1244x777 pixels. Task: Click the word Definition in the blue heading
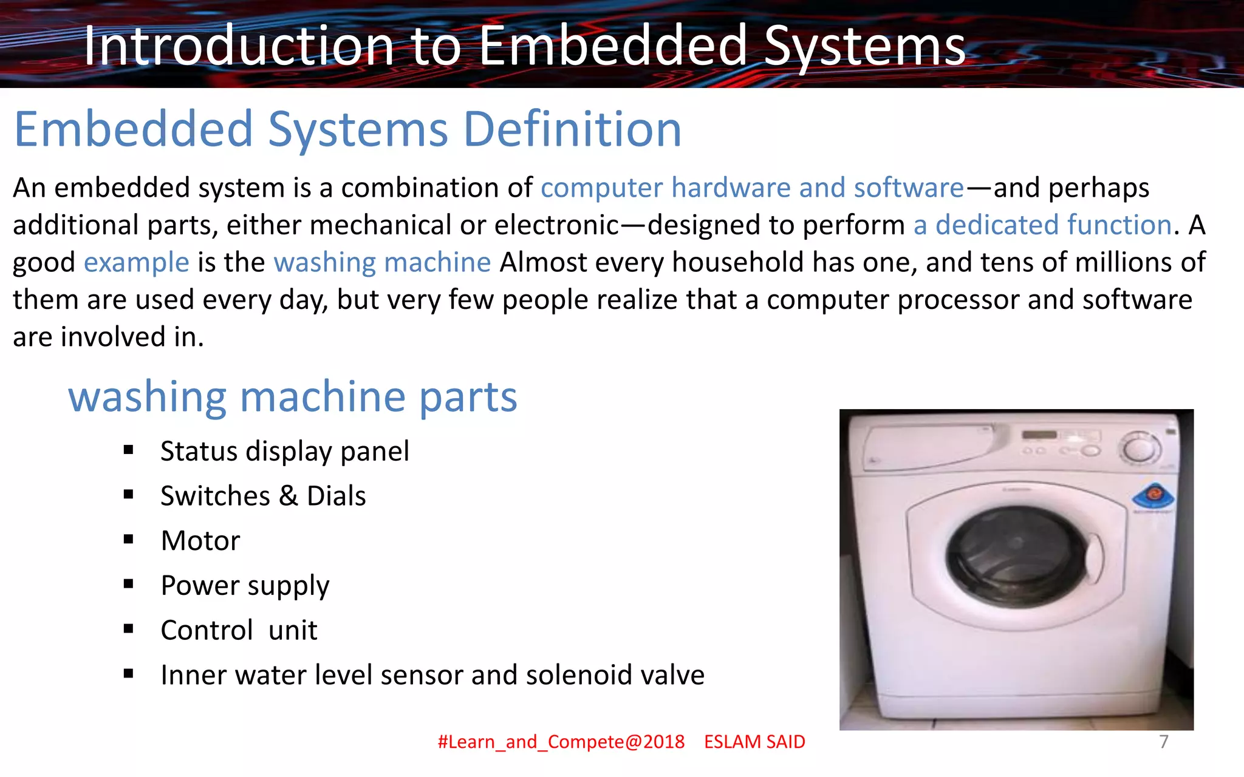[x=572, y=129]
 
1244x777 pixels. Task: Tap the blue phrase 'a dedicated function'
[x=1042, y=225]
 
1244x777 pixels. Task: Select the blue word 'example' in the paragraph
[x=137, y=263]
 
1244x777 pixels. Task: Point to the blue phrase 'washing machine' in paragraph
[x=382, y=263]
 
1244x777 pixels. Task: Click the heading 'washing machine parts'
[x=292, y=397]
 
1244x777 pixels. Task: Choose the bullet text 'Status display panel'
[x=284, y=452]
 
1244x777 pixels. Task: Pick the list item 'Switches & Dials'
[x=263, y=496]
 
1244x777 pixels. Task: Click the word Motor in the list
[x=200, y=541]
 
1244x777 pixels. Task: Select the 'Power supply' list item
[x=245, y=586]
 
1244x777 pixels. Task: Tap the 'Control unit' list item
[x=239, y=631]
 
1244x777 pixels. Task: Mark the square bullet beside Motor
[x=128, y=540]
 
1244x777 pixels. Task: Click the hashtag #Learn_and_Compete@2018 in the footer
[x=561, y=742]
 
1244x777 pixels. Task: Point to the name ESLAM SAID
[x=754, y=742]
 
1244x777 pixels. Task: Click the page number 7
[x=1163, y=742]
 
